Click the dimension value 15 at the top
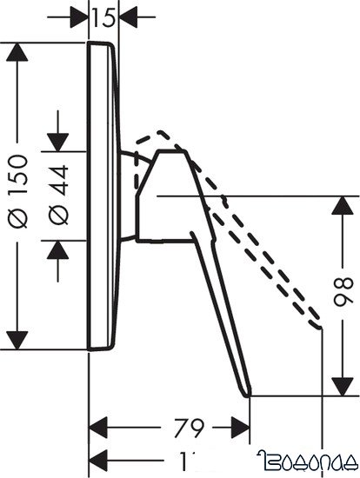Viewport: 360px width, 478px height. tap(104, 17)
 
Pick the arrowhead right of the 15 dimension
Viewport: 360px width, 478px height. tap(129, 16)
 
